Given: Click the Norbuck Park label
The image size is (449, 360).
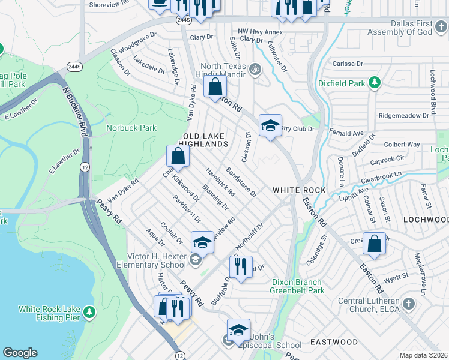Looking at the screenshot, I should (x=131, y=128).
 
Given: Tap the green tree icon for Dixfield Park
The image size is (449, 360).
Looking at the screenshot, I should (x=374, y=82).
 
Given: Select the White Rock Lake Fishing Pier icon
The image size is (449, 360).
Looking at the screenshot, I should (x=89, y=311).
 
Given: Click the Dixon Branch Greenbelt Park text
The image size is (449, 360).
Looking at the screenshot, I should (x=298, y=286).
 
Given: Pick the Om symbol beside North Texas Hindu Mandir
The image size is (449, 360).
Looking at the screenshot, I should (x=254, y=69).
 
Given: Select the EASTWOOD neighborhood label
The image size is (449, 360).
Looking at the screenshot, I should (x=334, y=342).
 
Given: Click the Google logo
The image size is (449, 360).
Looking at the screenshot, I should (x=20, y=353).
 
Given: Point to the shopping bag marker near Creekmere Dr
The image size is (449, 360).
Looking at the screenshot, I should (x=374, y=244).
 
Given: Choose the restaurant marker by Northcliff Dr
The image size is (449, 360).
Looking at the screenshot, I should (x=241, y=266).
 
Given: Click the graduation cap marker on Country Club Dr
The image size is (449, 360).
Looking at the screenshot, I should (x=270, y=125).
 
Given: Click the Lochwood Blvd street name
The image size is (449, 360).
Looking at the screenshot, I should (x=432, y=92).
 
